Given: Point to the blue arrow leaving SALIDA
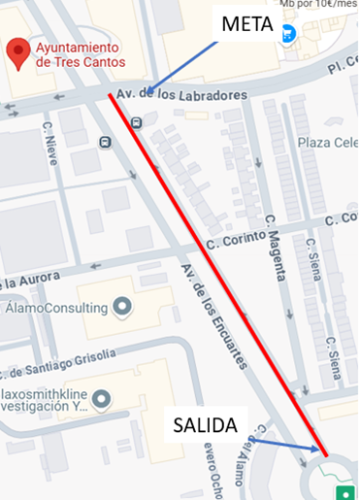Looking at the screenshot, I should (283, 444).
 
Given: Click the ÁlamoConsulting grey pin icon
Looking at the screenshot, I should (122, 308).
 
